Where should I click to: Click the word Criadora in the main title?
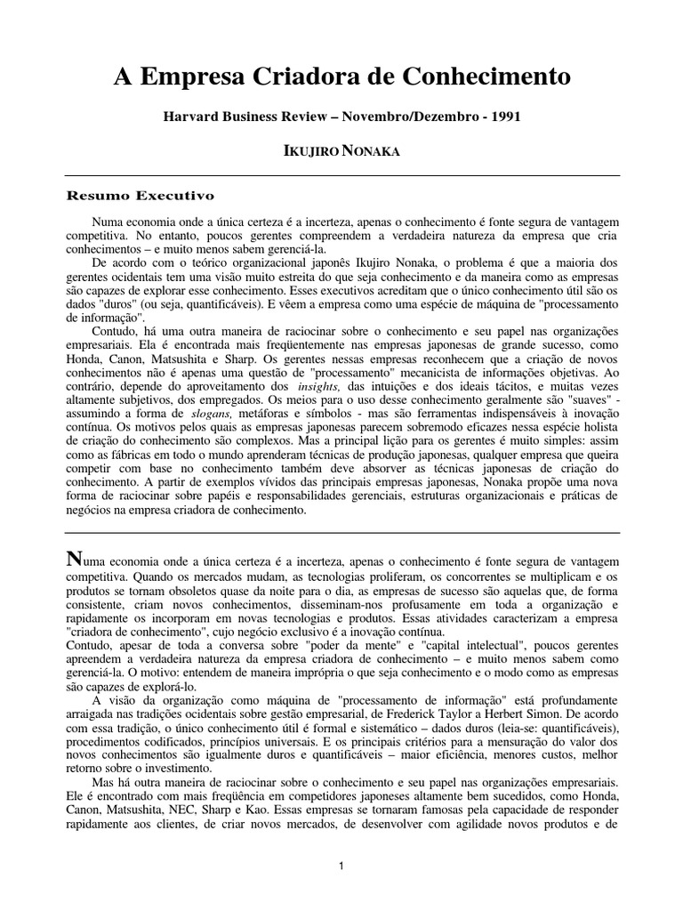tap(283, 77)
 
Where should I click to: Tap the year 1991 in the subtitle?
tap(503, 117)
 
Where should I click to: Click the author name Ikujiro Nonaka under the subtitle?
tap(341, 152)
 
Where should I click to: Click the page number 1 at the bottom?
tap(342, 865)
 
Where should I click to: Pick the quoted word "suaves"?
tap(576, 401)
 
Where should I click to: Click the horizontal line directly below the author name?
tap(341, 176)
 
